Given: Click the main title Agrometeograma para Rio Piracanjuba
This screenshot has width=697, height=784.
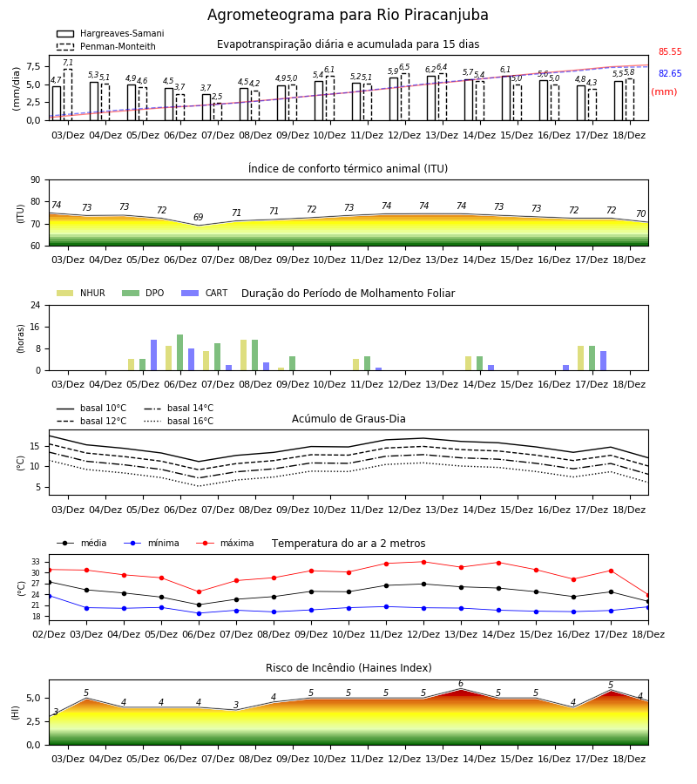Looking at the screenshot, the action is click(348, 15).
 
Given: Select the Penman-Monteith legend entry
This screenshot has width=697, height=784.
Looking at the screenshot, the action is click(106, 46).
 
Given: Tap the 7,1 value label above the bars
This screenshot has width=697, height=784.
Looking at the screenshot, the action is click(68, 63).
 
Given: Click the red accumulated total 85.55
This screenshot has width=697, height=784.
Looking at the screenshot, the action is click(670, 51).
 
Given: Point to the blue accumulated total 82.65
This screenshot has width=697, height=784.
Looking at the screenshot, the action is click(670, 73).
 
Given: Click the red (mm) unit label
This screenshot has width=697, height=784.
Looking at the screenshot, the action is click(664, 92).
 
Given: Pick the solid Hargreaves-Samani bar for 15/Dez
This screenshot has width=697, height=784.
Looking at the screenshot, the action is click(506, 98).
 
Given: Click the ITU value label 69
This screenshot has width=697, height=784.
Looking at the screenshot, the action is click(199, 217).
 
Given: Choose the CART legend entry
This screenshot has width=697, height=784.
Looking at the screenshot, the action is click(205, 293).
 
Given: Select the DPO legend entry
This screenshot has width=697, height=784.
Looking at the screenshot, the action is click(143, 293).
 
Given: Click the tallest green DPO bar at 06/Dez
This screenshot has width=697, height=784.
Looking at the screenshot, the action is click(180, 353).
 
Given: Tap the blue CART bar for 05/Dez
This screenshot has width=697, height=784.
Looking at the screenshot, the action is click(154, 355).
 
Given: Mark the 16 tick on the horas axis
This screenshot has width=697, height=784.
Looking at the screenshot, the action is click(36, 327).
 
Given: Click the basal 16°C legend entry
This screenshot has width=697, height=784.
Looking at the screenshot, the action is click(179, 421).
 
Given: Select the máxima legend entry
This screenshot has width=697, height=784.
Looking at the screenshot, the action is click(225, 543).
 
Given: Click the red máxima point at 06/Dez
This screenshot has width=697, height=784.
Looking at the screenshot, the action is click(199, 592).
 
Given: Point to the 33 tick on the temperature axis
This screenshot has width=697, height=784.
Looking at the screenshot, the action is click(36, 562).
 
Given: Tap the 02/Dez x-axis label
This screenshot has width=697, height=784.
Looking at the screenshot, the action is click(49, 634).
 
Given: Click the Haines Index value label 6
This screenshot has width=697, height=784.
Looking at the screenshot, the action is click(461, 684).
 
